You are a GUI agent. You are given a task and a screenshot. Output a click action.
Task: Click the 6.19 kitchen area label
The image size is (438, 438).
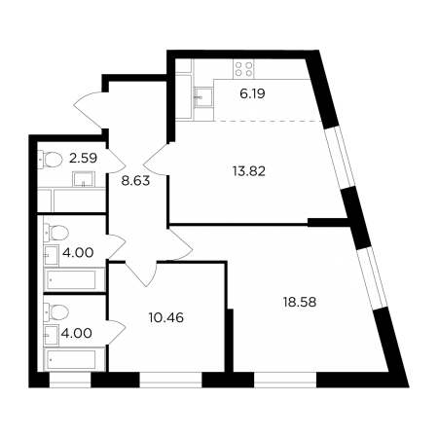(x=252, y=93)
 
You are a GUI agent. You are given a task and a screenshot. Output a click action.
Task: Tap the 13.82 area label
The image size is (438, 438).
(x=249, y=171)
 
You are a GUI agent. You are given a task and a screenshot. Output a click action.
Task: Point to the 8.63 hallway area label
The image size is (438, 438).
(x=135, y=181)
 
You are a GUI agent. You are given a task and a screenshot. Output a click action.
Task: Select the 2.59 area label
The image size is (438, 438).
(x=83, y=158)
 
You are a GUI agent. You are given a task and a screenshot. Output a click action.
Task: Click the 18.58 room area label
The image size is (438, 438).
(x=300, y=303)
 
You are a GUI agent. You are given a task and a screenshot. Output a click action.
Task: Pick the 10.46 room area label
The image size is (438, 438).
(x=166, y=317)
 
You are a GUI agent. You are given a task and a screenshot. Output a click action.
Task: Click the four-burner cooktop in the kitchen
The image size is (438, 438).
(x=243, y=69)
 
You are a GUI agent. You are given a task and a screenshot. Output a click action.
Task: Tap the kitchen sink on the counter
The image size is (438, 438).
(x=203, y=97)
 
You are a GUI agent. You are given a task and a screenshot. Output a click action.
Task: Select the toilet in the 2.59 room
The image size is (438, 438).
(x=51, y=160)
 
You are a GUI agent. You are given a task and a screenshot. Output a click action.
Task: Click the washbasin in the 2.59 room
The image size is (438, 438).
(x=84, y=179)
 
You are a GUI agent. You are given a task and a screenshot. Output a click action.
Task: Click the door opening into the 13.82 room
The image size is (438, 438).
(x=157, y=160)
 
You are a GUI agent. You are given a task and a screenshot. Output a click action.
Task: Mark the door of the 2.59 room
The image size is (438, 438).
(x=116, y=160)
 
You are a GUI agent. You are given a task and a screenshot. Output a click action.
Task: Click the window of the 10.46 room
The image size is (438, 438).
(x=170, y=380)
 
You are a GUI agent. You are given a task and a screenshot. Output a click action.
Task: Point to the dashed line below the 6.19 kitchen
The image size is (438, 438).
(x=268, y=122)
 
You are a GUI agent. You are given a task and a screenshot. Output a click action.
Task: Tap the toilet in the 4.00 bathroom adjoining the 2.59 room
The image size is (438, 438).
(x=56, y=233)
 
